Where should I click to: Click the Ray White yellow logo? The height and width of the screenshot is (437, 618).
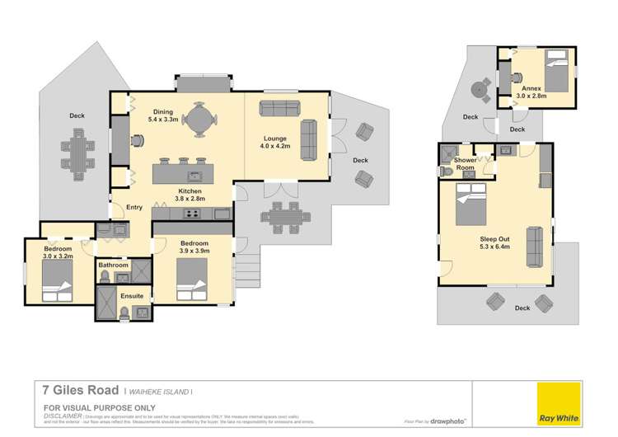tap(557, 405)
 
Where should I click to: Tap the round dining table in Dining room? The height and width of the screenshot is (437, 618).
tap(198, 120)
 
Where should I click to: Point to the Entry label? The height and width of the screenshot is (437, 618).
tap(134, 208)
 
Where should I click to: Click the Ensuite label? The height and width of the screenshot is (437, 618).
tap(133, 295)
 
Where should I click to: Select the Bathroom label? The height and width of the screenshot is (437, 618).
tap(113, 265)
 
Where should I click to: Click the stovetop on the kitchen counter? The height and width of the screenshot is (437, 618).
tap(193, 214)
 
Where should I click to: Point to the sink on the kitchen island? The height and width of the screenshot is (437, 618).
tap(195, 175)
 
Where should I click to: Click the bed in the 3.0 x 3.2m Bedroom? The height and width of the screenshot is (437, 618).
tap(54, 289)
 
